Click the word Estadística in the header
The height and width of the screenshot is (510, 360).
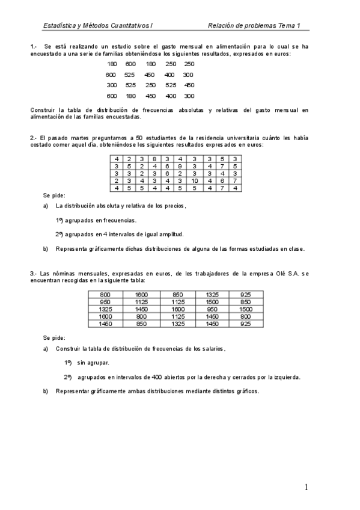[x=58, y=25]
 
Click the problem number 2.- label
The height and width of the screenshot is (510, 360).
[x=33, y=138]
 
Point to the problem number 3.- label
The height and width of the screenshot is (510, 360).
[x=33, y=274]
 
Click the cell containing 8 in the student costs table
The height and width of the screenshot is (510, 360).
[x=154, y=159]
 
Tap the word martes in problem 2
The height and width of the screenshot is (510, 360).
[x=80, y=138]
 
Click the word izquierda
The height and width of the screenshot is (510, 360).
[x=286, y=377]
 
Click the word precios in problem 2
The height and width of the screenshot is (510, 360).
[x=174, y=206]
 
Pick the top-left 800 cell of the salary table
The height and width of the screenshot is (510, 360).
[x=105, y=295]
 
